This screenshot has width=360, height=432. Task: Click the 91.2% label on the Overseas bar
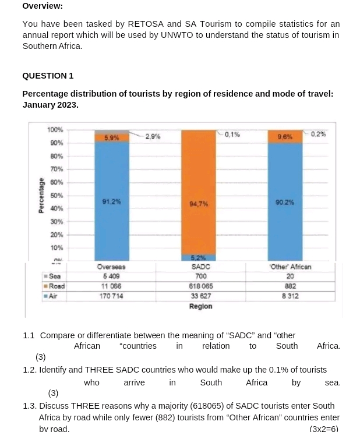point(111,201)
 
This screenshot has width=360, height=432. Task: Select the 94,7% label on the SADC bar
point(199,204)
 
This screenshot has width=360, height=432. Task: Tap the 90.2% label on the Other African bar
point(285,202)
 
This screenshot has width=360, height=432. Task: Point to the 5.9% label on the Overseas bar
point(112,138)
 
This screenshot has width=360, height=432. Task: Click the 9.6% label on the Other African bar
point(285,137)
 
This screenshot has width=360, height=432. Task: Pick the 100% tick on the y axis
point(55,129)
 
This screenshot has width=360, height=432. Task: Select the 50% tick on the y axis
point(57,196)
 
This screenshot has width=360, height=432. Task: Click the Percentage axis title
point(41,196)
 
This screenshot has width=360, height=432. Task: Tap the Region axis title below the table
point(200,306)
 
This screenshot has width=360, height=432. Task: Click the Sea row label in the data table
point(55,277)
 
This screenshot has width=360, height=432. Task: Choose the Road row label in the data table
point(57,286)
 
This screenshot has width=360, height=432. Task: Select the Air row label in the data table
point(54,296)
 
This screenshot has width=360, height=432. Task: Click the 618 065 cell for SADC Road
point(201,286)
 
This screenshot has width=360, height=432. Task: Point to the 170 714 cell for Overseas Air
point(111,296)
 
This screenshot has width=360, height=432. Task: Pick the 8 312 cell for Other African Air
point(290,296)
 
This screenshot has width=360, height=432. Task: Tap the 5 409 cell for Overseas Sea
point(111,277)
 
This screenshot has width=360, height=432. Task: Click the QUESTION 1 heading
point(48,76)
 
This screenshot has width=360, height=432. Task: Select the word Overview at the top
point(43,6)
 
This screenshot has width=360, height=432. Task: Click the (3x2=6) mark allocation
point(324,429)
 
